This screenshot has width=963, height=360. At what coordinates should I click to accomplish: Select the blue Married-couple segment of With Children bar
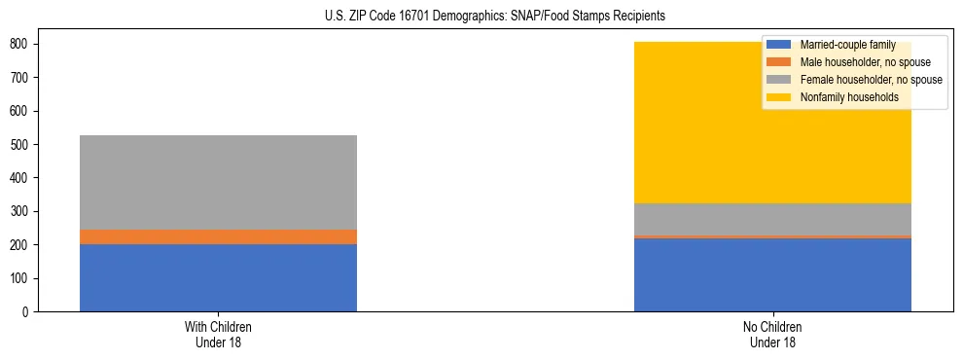coord(218,277)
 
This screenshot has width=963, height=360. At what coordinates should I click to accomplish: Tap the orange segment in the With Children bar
coord(218,236)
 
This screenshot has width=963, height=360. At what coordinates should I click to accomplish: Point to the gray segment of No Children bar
coord(772,219)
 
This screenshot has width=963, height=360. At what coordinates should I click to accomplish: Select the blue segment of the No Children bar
coord(772,274)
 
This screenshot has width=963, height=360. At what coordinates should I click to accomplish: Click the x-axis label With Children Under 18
coord(218,334)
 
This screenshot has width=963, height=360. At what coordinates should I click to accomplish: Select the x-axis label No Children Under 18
coord(772,334)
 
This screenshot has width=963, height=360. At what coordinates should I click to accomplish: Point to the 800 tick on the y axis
coord(22,44)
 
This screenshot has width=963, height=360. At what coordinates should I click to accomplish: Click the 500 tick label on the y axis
coord(22,144)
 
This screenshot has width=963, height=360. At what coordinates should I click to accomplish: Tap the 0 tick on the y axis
coord(29,311)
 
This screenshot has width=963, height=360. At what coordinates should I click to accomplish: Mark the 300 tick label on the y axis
coord(22,211)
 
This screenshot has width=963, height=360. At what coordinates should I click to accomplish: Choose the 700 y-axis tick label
coord(22,77)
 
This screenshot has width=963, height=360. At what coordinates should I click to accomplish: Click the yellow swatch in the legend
coord(779,97)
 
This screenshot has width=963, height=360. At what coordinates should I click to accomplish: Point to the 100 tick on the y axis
coord(22,278)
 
